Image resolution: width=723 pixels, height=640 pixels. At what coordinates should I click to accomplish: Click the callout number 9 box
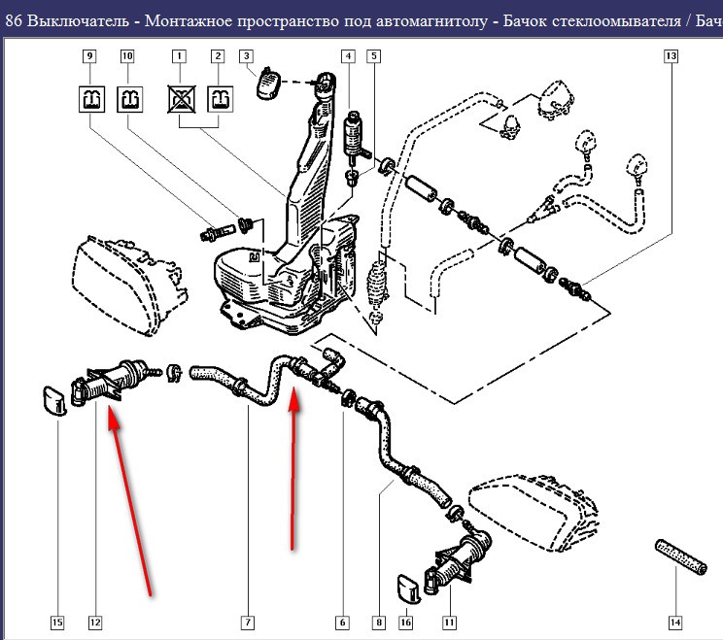tap(89, 56)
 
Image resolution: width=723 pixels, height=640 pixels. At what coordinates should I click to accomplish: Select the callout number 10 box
tap(127, 56)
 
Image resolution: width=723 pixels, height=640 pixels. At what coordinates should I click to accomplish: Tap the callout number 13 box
tap(671, 56)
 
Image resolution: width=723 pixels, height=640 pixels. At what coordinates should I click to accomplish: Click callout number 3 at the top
tap(246, 56)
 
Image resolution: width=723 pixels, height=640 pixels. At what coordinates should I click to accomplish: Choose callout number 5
tap(373, 56)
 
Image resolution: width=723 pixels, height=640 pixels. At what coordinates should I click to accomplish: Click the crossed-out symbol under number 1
tap(179, 98)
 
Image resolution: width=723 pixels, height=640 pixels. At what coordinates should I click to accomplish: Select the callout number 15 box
tap(57, 622)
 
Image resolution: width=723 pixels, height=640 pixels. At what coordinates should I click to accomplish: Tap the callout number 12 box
tap(94, 622)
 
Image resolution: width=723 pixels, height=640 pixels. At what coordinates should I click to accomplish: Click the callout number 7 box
tap(248, 622)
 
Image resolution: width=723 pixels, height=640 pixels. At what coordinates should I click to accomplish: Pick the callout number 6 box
tap(342, 622)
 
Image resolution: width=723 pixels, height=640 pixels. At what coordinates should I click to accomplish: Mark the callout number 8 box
tap(377, 622)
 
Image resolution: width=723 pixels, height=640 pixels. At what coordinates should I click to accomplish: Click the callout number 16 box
tap(406, 622)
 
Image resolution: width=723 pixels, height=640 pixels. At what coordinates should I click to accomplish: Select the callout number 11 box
tap(449, 622)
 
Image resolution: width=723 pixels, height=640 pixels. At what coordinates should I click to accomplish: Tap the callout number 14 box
tap(675, 622)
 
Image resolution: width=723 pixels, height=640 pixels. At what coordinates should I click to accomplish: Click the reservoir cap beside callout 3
tap(268, 84)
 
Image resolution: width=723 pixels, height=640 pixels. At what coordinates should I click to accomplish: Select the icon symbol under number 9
tap(89, 98)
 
